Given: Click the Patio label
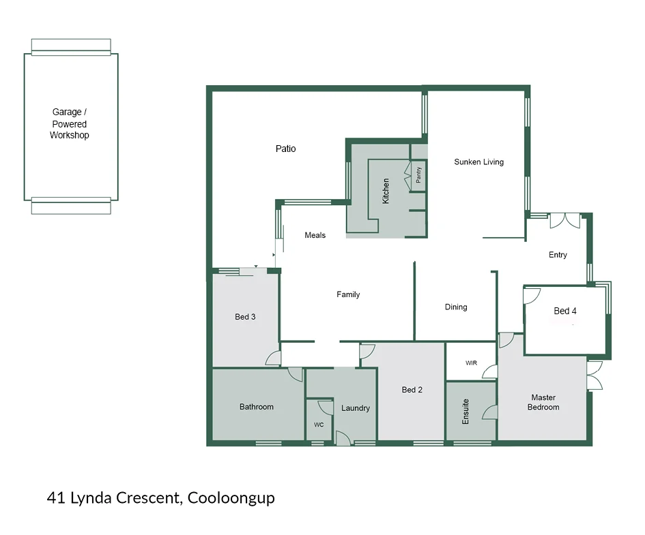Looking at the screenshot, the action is [x=285, y=149].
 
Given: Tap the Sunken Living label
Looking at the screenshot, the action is [x=479, y=162].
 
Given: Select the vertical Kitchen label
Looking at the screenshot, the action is [x=386, y=191].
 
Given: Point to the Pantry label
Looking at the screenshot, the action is [x=418, y=174].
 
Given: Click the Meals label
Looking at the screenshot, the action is [x=315, y=235].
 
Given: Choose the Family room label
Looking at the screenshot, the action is [x=348, y=294].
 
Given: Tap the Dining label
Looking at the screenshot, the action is [x=456, y=307].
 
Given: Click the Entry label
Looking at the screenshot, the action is [x=558, y=255].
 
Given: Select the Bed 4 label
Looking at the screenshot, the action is [x=565, y=311].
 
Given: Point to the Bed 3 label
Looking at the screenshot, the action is [x=245, y=316].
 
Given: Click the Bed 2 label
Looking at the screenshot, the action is [x=412, y=390].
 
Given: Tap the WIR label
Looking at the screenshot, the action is [x=472, y=363].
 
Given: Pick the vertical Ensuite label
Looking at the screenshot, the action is [x=465, y=412].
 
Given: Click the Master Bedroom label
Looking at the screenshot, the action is [x=543, y=402].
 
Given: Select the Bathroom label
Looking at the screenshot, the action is [x=256, y=407].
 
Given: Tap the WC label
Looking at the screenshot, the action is [x=319, y=425].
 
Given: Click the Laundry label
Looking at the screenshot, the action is [x=356, y=408].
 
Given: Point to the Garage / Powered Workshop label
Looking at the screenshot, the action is [x=70, y=123].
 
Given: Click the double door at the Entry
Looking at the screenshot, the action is [x=565, y=220].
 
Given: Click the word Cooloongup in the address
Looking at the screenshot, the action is [x=231, y=498].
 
